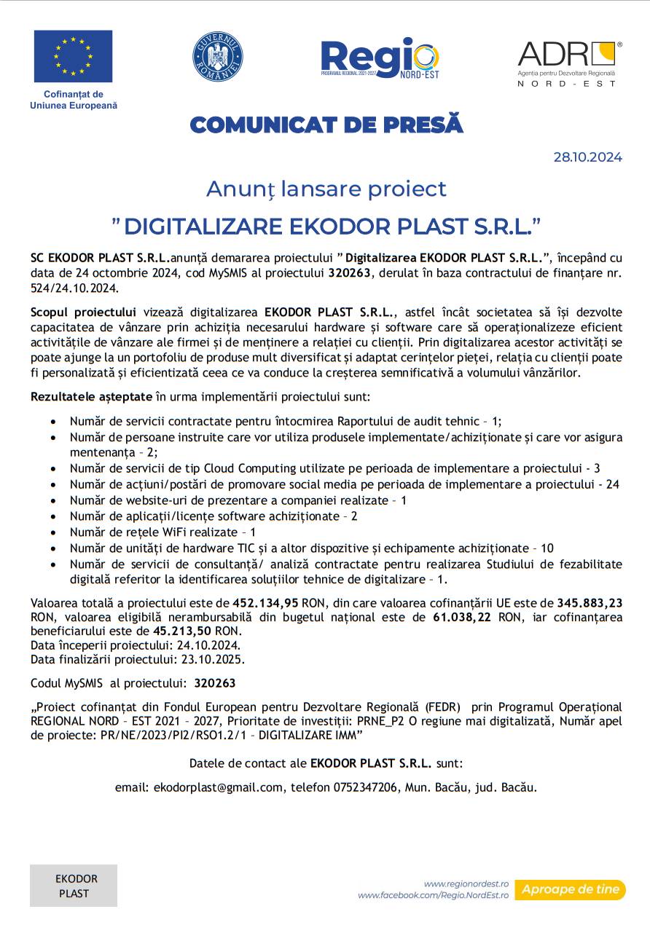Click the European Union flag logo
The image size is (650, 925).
click(73, 56)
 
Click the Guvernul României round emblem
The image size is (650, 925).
click(217, 57)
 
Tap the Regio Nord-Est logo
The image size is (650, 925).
click(380, 58)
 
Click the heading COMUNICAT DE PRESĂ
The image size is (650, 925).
click(326, 125)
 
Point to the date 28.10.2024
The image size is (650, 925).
click(587, 157)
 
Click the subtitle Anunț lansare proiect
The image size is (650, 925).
click(326, 189)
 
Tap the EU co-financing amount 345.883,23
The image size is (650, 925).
click(590, 603)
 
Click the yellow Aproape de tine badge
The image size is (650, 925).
click(570, 889)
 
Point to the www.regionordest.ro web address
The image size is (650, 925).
click(466, 883)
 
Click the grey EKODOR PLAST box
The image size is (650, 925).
click(74, 886)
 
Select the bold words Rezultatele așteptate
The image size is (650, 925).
click(91, 397)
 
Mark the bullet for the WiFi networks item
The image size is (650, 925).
click(54, 532)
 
